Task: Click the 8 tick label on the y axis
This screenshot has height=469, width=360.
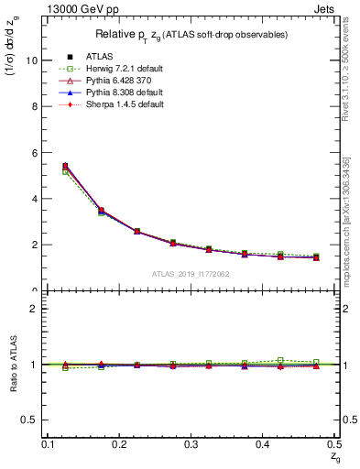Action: pos(34,106)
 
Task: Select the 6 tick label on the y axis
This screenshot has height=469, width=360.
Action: pos(34,152)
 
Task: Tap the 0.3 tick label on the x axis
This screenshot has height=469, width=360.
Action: pos(191,443)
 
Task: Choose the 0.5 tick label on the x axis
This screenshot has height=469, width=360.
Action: pos(334,443)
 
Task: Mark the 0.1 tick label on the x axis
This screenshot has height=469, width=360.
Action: pos(47,443)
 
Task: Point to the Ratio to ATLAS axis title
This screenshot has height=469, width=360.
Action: pos(13,365)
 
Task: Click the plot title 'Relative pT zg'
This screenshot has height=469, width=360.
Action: pos(191,35)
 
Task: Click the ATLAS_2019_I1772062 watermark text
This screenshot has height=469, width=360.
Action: pos(191,274)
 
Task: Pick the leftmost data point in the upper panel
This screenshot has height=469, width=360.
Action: pos(65,166)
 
